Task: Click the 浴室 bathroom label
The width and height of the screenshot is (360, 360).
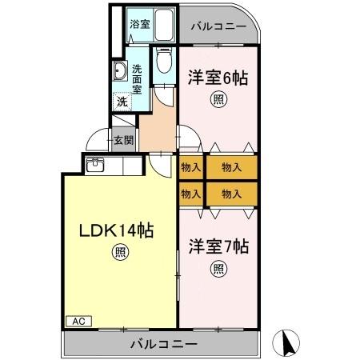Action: pyautogui.click(x=139, y=24)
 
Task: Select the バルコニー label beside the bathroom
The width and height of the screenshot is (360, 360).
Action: pyautogui.click(x=218, y=26)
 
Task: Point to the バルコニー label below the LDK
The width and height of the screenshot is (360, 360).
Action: pyautogui.click(x=163, y=344)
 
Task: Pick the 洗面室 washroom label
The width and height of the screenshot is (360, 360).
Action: pyautogui.click(x=138, y=78)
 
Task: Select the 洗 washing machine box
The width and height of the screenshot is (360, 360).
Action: pyautogui.click(x=122, y=102)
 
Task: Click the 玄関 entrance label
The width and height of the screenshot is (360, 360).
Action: pyautogui.click(x=123, y=141)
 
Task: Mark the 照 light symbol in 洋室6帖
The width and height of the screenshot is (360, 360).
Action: pyautogui.click(x=218, y=100)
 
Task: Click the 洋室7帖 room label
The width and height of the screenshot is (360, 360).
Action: pyautogui.click(x=218, y=246)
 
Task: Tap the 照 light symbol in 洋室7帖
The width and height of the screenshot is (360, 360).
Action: pyautogui.click(x=218, y=269)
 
